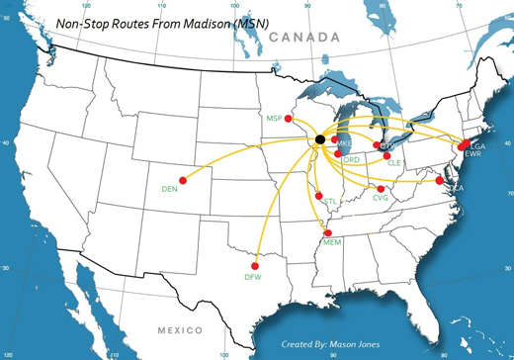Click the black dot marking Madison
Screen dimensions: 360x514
point(319,139)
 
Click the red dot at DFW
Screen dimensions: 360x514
point(256,265)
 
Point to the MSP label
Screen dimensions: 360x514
point(275,118)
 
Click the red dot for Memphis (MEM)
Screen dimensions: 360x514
point(328,232)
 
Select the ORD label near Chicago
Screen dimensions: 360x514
point(350,158)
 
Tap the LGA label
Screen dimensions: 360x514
point(478,146)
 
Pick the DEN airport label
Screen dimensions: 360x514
point(169,187)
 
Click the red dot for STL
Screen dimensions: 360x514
point(316,194)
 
